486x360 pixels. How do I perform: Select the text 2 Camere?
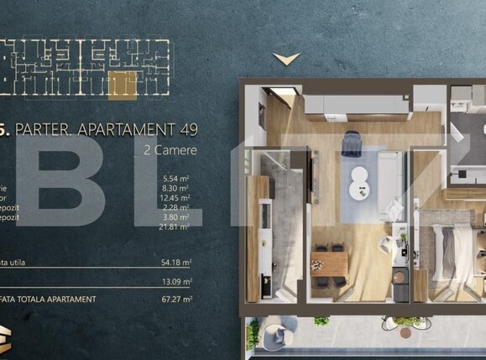click(x=171, y=150)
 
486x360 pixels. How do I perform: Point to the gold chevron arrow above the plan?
click(x=286, y=59)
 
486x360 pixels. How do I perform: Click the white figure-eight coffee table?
click(x=359, y=178)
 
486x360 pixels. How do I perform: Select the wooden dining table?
click(x=328, y=263)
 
